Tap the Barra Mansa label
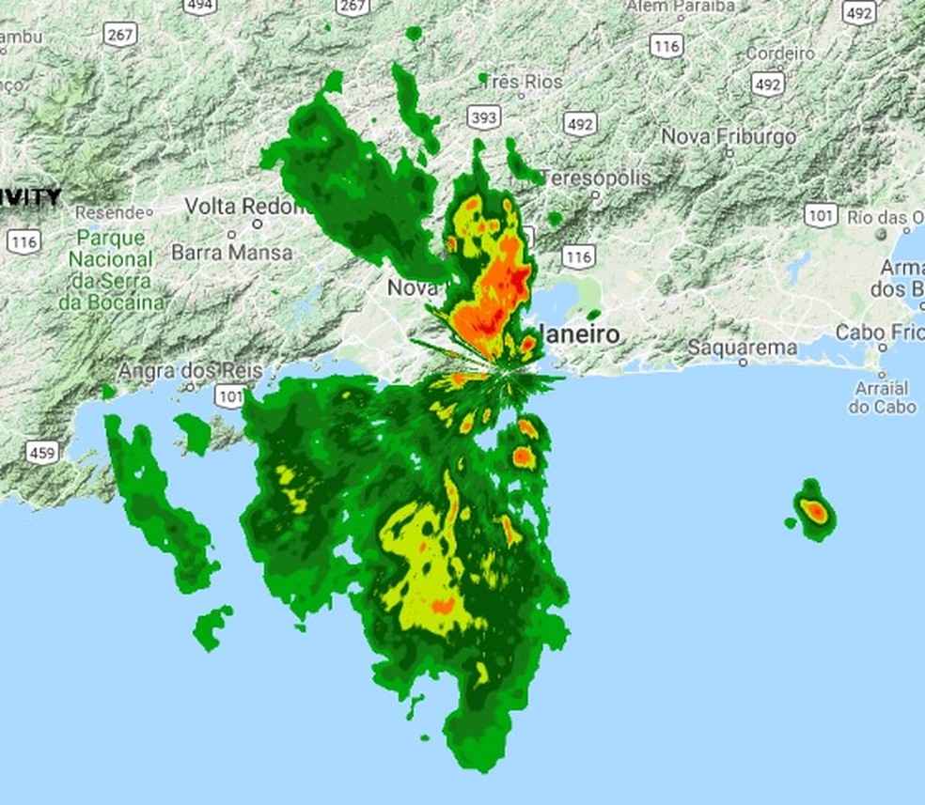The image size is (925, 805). point(231,253)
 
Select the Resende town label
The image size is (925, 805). point(110,212)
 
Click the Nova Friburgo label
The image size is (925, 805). point(729,136)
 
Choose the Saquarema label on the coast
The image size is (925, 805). point(743,348)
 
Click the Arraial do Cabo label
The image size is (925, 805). point(882,397)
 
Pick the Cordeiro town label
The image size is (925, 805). point(780,54)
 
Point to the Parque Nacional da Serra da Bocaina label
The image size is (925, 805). point(112,270)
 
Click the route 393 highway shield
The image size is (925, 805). point(483,116)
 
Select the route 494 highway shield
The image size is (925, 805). point(199,6)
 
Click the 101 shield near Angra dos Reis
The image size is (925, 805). point(228,395)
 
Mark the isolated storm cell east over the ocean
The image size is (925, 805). point(814,511)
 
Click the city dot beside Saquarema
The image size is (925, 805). point(743,362)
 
